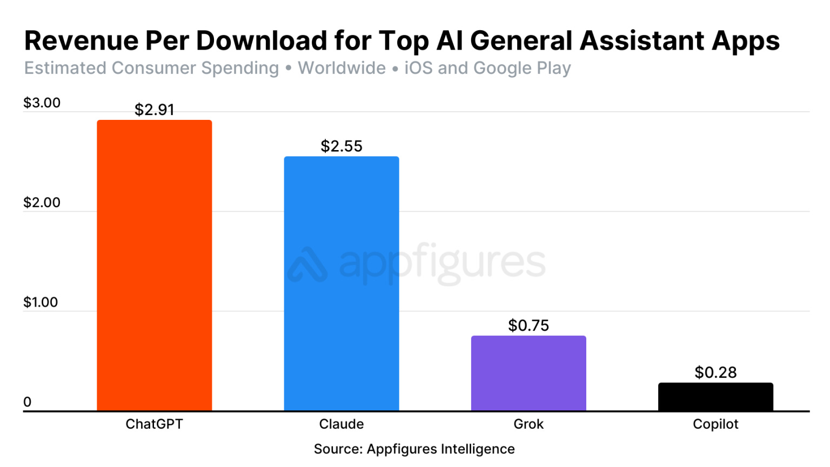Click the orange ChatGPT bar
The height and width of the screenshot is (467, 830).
154,265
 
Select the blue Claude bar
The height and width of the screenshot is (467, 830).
342,283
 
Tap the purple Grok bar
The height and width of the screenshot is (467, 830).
528,373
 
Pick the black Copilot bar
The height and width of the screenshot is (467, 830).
715,397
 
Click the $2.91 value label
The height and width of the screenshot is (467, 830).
155,110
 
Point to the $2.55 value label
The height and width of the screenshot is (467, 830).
342,146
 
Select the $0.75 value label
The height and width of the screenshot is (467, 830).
528,326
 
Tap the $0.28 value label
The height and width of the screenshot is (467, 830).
715,373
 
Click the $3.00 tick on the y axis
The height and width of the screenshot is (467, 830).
42,103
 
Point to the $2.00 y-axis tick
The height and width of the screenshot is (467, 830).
42,202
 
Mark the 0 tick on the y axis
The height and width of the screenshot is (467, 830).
28,402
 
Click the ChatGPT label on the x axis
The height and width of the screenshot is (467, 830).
154,424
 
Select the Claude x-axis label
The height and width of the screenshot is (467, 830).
342,424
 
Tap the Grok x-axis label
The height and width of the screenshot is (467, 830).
528,424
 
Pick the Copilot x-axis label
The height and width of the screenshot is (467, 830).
715,424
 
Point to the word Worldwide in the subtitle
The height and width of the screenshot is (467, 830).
342,69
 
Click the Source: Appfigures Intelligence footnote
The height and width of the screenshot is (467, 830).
414,449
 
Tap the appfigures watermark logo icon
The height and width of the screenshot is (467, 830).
307,265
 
